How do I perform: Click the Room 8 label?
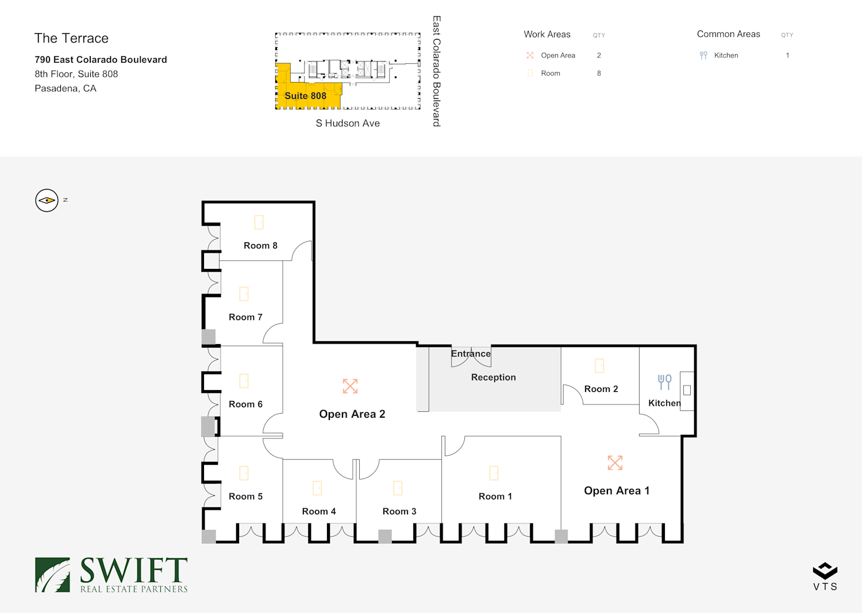click(x=260, y=246)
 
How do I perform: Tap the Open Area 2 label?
click(x=352, y=414)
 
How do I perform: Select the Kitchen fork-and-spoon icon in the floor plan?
click(x=664, y=381)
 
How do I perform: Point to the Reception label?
click(x=493, y=377)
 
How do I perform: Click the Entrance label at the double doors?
click(x=471, y=354)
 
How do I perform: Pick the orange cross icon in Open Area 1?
click(x=615, y=462)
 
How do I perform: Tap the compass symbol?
click(x=47, y=201)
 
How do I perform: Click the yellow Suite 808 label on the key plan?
click(x=305, y=96)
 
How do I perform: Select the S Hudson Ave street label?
click(x=348, y=124)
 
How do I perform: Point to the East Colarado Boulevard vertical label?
click(x=437, y=71)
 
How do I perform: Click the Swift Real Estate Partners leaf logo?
click(x=52, y=575)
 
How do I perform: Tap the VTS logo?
click(x=825, y=576)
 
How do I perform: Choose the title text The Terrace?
click(x=71, y=38)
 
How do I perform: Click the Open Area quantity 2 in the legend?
click(x=599, y=56)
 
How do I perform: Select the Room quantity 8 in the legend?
click(x=599, y=74)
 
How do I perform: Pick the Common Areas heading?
click(x=728, y=34)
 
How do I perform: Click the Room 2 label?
click(x=601, y=389)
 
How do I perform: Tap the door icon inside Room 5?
click(x=244, y=473)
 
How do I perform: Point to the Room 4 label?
click(x=319, y=511)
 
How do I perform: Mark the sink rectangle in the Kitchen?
click(x=687, y=390)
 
